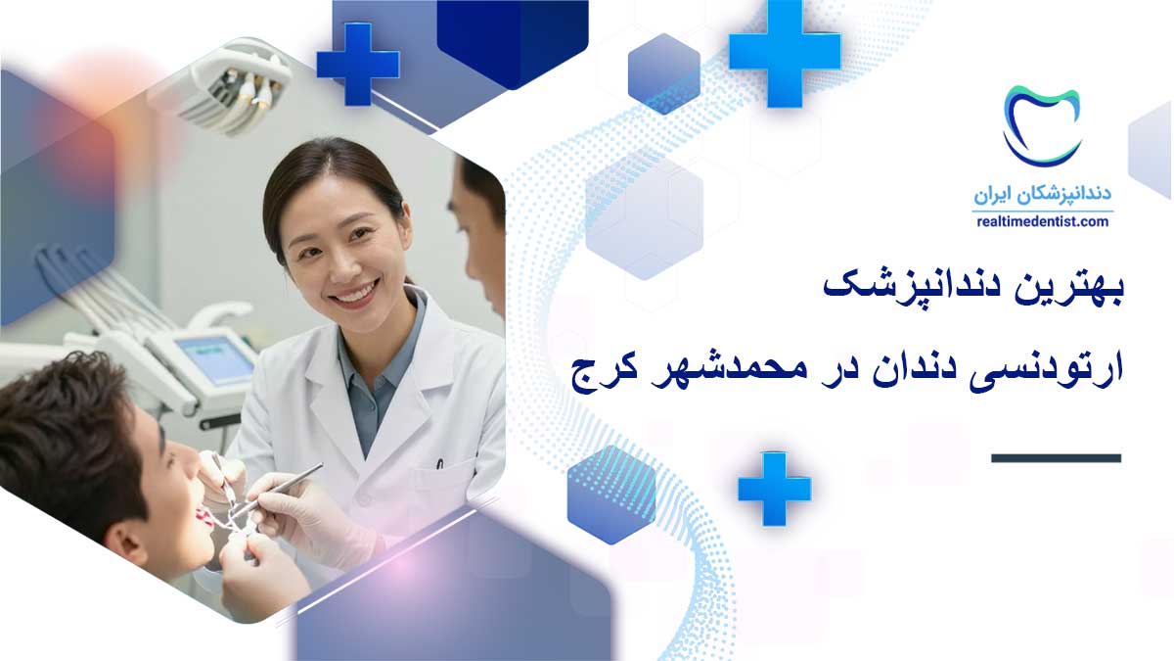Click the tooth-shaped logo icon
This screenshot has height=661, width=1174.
pos(1041,127)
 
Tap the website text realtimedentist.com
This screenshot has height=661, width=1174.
pos(1043,222)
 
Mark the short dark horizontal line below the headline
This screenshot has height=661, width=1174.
pos(1056,458)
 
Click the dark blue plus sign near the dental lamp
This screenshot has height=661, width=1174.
pos(358,64)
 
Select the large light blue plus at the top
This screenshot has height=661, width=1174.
pos(785,54)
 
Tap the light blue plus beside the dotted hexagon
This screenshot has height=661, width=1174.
pos(775,489)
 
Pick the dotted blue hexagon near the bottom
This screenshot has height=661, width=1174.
pos(611,496)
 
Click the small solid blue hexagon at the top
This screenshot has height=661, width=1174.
pos(664,73)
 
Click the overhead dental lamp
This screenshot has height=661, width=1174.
pos(236,84)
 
